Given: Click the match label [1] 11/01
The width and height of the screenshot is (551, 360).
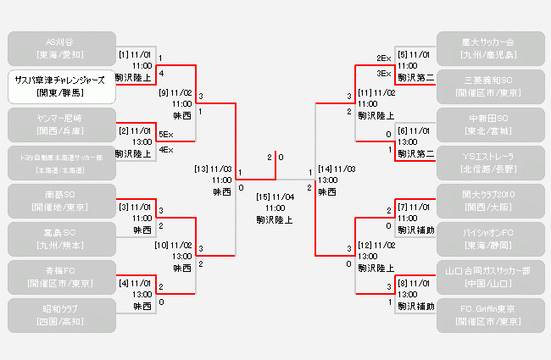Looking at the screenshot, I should click(x=136, y=54).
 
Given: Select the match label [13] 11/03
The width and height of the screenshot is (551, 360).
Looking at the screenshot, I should click(x=213, y=169).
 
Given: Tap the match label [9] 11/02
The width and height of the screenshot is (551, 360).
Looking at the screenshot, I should click(x=175, y=92).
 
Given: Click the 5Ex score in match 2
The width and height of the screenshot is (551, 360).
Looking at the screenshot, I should click(x=166, y=134).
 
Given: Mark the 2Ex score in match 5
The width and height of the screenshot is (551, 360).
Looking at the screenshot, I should click(x=383, y=58).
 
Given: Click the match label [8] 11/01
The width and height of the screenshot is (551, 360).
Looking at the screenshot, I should click(x=415, y=282).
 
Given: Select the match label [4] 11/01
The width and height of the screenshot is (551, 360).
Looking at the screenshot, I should click(x=136, y=282).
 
